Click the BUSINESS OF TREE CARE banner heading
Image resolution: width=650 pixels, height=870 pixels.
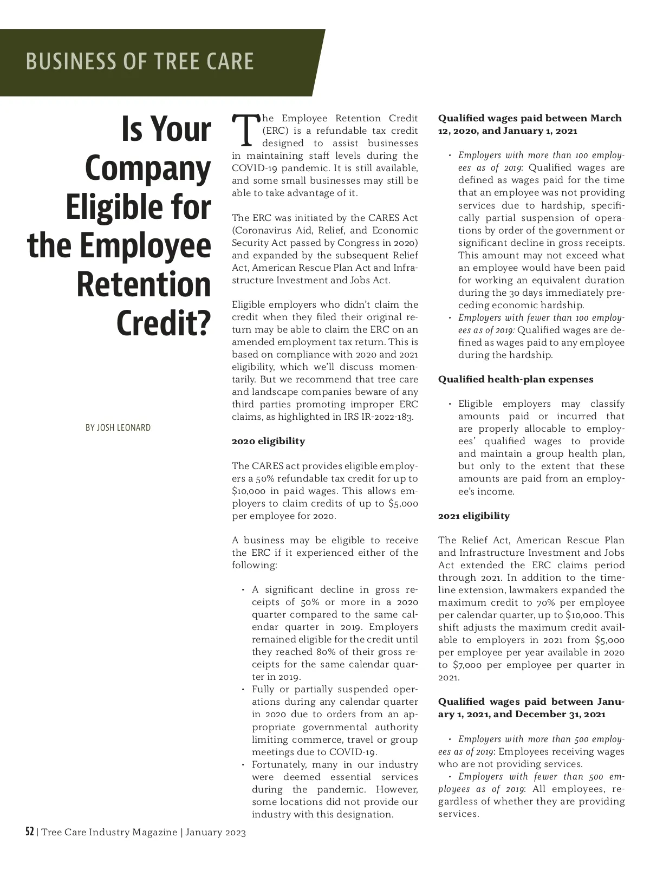(x=140, y=61)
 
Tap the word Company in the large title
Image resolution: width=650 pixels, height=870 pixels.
(x=148, y=168)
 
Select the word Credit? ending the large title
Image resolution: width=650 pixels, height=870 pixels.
(x=163, y=323)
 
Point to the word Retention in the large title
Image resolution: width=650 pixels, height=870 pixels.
(x=144, y=284)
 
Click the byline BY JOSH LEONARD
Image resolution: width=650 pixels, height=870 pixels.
(x=118, y=428)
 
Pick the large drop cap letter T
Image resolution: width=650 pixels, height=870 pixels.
(x=245, y=130)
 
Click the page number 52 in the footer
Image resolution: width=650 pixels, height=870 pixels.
(x=30, y=832)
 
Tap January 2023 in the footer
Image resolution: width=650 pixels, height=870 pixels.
(x=216, y=833)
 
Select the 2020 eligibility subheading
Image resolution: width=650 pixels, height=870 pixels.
(x=268, y=442)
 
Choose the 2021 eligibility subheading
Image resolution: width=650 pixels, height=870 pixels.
(x=474, y=516)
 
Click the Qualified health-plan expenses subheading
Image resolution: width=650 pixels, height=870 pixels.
(x=516, y=379)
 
